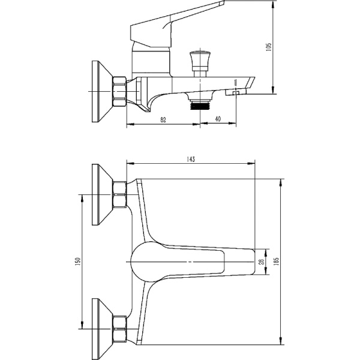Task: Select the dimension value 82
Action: (163, 119)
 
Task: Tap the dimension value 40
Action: (217, 119)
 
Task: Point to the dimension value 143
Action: (191, 159)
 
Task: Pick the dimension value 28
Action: (260, 262)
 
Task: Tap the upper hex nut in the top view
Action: (120, 194)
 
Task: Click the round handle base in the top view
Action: (144, 262)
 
